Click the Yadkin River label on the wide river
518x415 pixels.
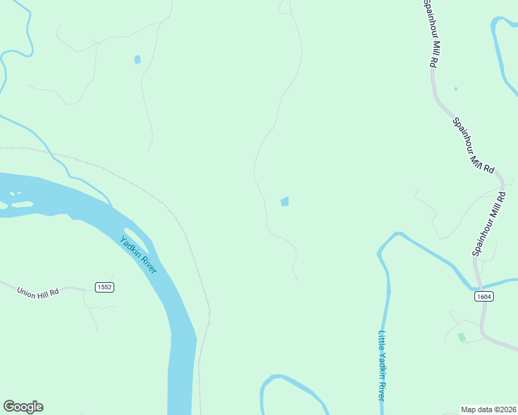click(139, 255)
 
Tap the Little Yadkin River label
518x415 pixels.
click(382, 365)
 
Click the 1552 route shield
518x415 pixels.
click(105, 287)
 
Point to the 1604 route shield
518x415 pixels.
click(484, 296)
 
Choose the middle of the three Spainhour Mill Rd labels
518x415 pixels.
click(473, 145)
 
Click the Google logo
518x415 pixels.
click(23, 407)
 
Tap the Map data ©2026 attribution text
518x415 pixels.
click(488, 409)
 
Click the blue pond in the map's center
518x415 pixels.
click(285, 201)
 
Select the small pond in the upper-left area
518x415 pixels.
click(137, 59)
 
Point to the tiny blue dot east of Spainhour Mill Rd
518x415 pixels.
click(456, 89)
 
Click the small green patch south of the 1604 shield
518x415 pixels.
click(461, 337)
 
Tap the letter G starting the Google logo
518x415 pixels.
click(9, 407)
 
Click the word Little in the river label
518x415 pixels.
click(381, 343)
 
